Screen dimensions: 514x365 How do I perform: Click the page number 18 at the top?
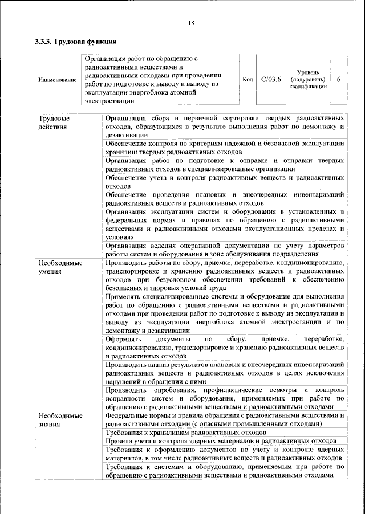point(191,22)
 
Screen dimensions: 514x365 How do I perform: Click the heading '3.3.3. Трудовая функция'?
point(76,42)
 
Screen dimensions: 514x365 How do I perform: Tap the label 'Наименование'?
point(57,80)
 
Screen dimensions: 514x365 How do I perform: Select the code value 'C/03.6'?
point(271,79)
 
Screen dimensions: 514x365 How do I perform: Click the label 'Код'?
point(248,79)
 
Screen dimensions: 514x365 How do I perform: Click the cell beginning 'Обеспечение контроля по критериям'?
point(225,148)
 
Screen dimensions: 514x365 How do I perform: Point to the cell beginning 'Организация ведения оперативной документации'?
point(225,250)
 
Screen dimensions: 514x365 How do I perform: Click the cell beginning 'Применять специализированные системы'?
point(225,313)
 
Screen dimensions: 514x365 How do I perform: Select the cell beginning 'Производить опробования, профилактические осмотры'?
point(225,398)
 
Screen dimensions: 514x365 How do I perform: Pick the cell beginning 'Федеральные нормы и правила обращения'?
point(225,420)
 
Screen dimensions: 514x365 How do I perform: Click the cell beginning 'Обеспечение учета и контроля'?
point(225,182)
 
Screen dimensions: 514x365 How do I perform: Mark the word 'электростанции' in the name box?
point(110,101)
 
